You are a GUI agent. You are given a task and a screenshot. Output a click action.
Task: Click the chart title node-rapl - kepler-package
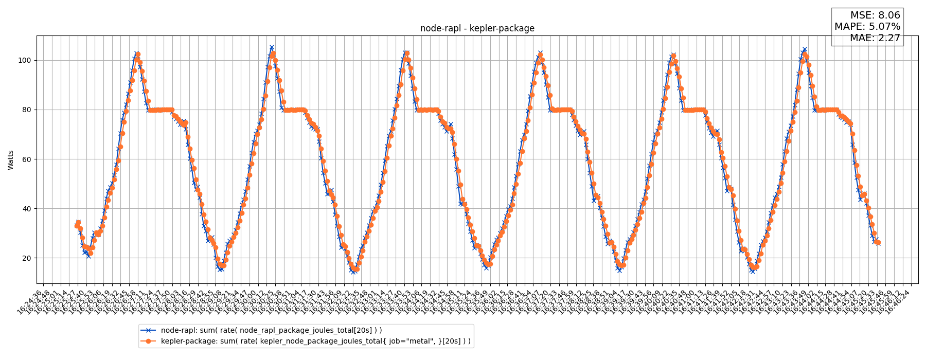(x=477, y=29)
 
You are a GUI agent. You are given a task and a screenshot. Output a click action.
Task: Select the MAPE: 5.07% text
(x=867, y=27)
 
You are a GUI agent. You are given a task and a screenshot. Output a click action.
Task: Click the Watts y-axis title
(x=11, y=159)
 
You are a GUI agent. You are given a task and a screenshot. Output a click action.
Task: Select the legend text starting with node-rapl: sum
(x=271, y=330)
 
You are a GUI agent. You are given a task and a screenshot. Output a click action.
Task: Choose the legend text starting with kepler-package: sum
(x=315, y=340)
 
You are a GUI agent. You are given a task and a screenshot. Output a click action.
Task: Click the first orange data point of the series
(x=77, y=226)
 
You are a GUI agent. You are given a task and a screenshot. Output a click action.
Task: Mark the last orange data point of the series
(x=878, y=242)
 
